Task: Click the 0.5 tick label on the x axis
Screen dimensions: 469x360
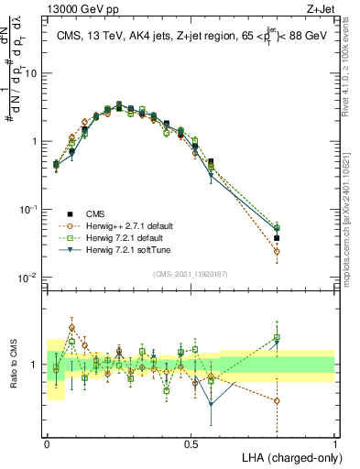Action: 191,442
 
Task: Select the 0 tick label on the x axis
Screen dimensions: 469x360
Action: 47,442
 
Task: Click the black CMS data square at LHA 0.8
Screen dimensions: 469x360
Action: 277,238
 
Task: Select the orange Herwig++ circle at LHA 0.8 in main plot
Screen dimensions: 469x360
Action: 277,251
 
